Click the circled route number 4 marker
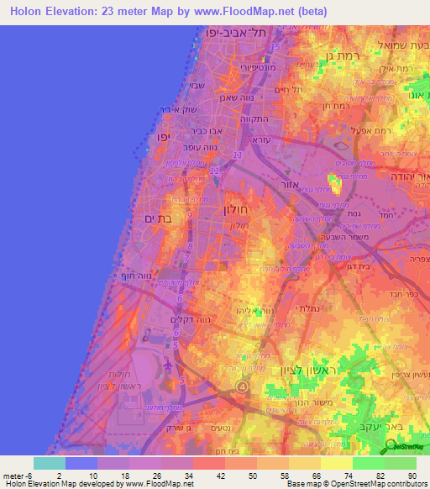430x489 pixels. (x=242, y=386)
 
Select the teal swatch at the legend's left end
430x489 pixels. (x=50, y=463)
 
